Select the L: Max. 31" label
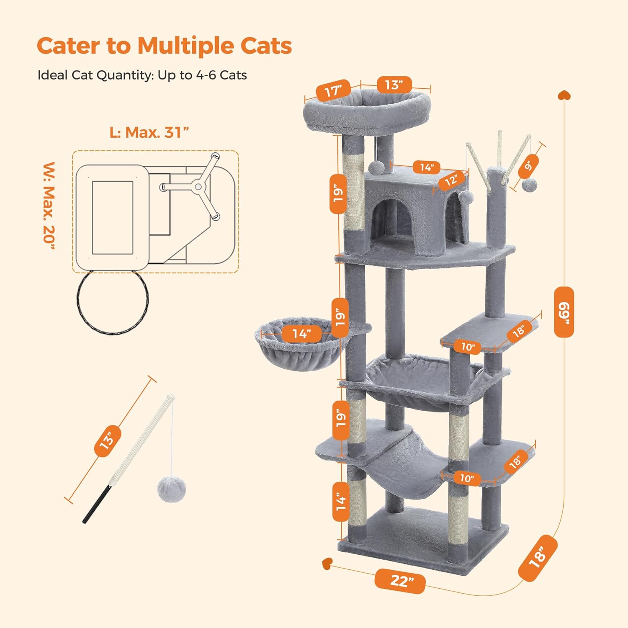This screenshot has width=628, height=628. click(149, 133)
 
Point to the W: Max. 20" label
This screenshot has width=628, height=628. click(49, 206)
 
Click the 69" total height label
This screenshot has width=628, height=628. click(564, 312)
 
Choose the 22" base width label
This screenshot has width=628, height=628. click(400, 581)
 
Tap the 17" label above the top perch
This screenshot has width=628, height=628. click(333, 90)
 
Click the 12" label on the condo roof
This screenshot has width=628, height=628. click(451, 180)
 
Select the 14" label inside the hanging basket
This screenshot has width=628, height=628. click(301, 334)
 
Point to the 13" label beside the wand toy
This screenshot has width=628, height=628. click(108, 441)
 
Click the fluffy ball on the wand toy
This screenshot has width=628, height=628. click(171, 489)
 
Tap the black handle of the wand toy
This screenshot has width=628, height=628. click(95, 505)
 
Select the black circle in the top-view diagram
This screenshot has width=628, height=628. click(112, 301)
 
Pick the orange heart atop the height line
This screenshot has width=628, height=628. click(564, 95)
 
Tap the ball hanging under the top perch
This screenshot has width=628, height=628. click(377, 167)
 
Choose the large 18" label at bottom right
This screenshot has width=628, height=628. click(538, 557)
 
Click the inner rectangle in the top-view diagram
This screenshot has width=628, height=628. click(112, 218)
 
